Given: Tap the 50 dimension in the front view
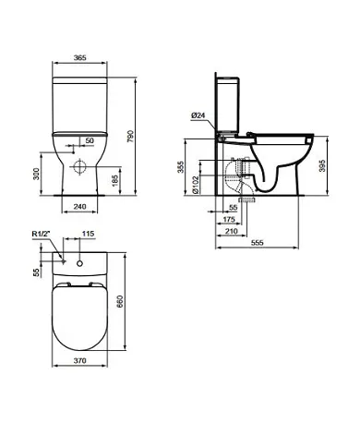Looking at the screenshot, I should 90,140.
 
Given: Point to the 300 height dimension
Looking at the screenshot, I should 37,175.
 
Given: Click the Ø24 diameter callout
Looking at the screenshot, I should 198,115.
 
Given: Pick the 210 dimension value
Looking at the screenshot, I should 227,233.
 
